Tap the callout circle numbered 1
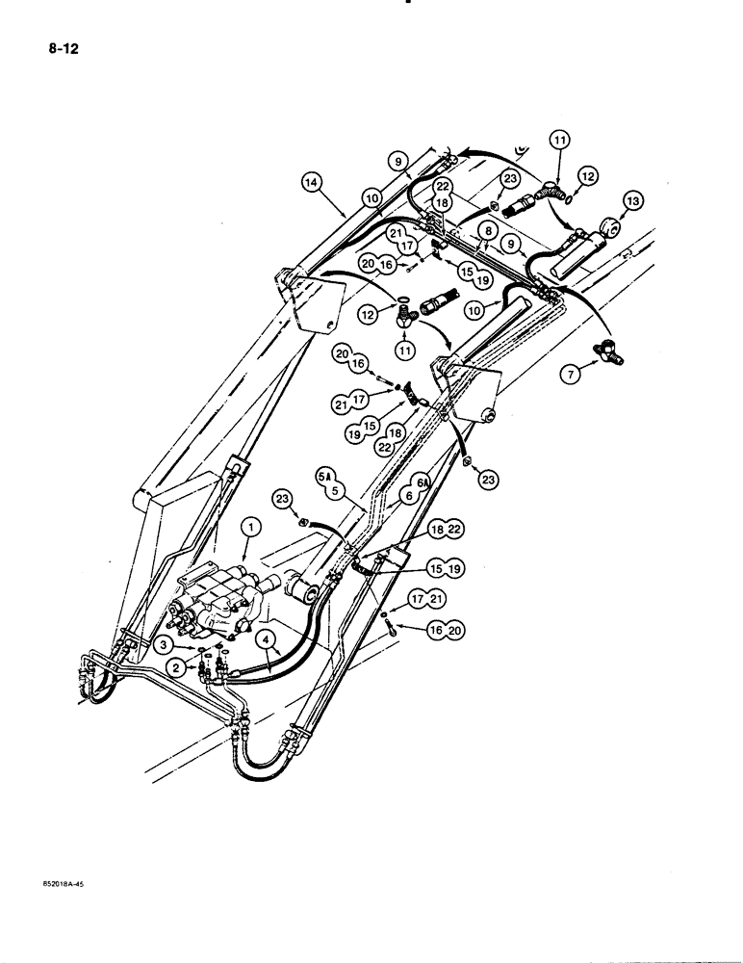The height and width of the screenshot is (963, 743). pos(249,527)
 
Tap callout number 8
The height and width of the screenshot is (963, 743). pos(489,231)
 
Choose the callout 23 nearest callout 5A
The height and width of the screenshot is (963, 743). pos(281,498)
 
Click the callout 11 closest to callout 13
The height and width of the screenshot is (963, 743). pos(559,142)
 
